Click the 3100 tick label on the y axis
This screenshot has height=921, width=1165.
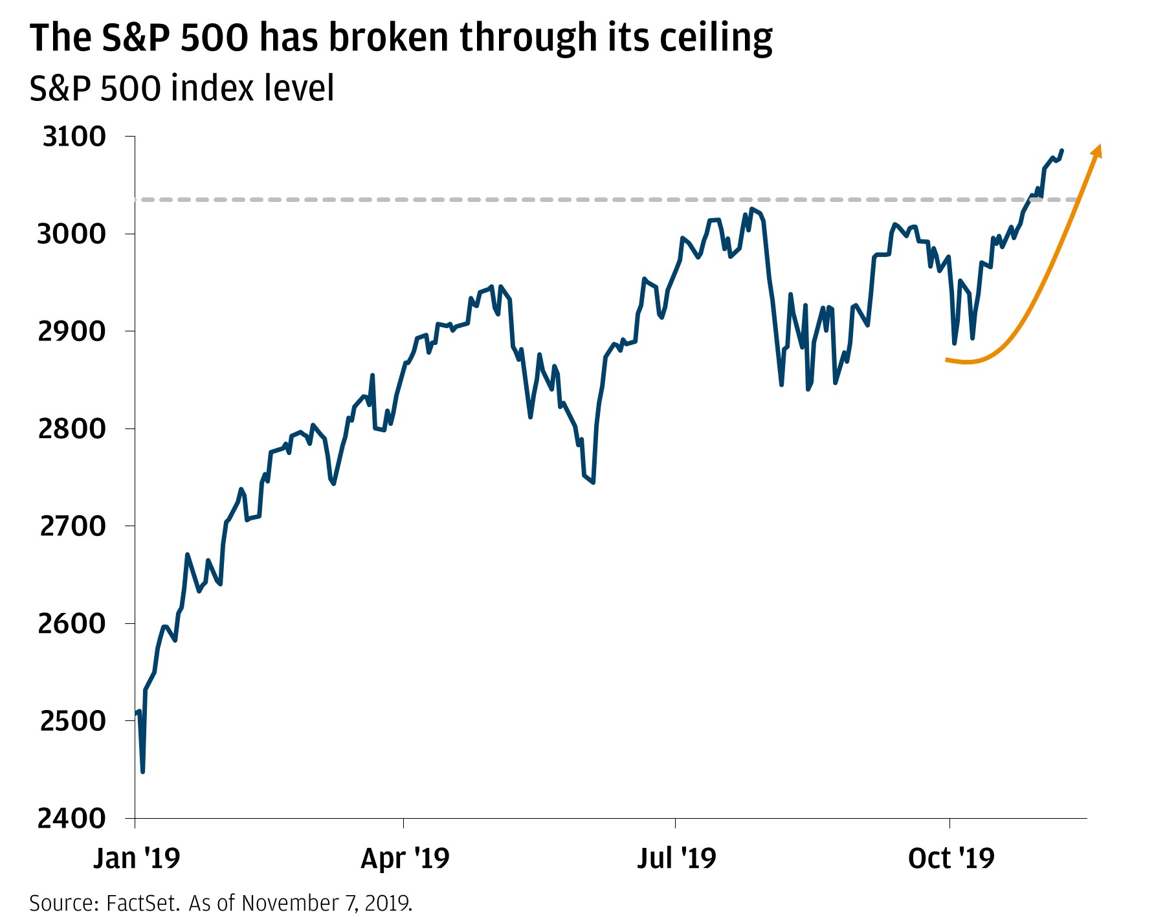[74, 137]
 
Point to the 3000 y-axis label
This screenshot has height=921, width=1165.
[71, 234]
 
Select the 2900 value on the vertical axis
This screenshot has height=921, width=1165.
[71, 331]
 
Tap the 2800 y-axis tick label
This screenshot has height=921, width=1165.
[71, 428]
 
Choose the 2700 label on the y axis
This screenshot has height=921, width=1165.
[72, 526]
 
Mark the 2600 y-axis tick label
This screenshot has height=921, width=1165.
[71, 623]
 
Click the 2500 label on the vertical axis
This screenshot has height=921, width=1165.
[72, 721]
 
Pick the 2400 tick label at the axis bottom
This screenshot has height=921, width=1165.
[71, 819]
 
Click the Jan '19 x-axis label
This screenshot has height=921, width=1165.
[137, 858]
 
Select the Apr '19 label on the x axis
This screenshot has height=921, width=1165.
[405, 858]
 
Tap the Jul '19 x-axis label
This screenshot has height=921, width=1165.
[676, 858]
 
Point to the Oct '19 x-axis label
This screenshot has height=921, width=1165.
[951, 858]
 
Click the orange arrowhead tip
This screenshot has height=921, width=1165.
[1098, 146]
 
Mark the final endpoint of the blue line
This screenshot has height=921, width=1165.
[1062, 151]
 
